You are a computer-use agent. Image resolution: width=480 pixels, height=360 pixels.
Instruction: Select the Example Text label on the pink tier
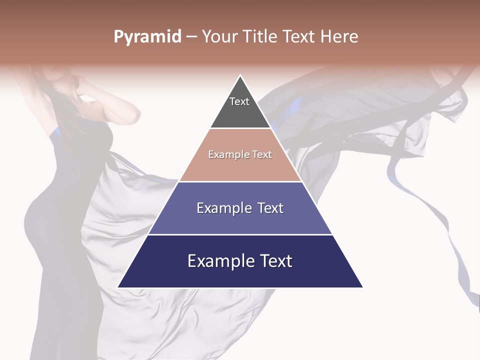pos(240,155)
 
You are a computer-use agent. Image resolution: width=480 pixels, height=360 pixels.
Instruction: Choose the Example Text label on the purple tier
pos(240,208)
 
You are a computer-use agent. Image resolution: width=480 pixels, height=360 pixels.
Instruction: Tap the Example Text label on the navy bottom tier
pos(240,261)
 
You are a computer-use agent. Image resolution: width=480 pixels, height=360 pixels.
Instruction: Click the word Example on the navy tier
pos(219,261)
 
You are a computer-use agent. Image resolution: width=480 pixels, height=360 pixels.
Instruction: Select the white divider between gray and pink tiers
pos(240,128)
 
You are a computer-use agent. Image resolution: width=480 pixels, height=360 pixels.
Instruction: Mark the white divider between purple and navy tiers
pos(240,234)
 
